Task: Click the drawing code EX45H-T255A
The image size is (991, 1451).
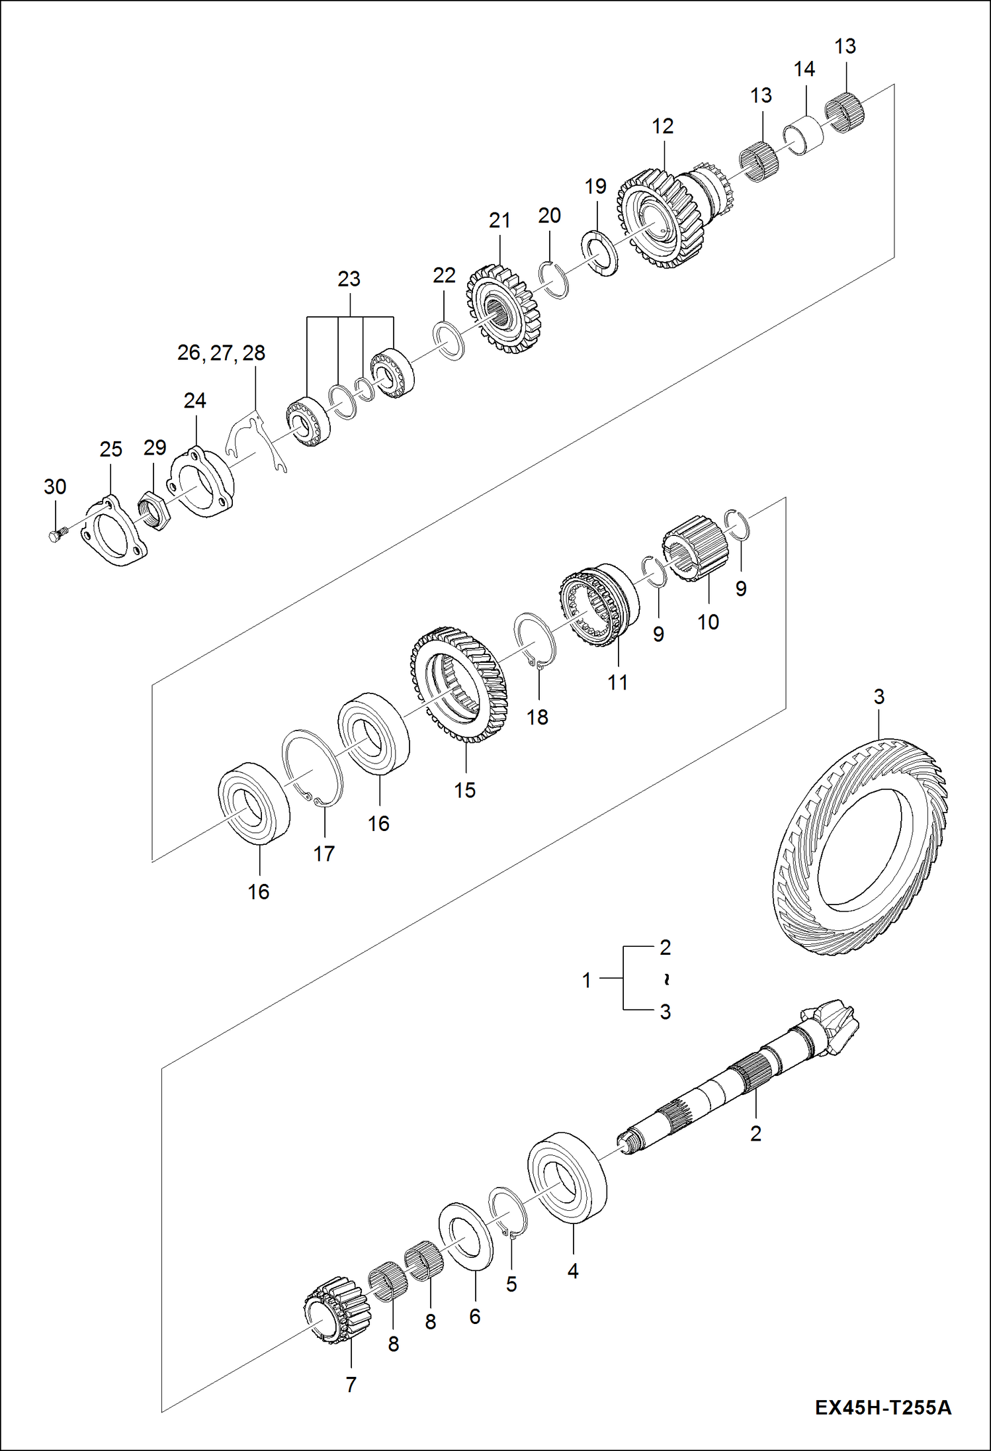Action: [883, 1407]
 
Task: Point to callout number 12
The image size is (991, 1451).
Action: [662, 126]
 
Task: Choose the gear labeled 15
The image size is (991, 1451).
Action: [458, 685]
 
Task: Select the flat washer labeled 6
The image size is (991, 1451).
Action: [466, 1236]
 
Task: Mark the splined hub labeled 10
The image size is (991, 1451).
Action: [695, 549]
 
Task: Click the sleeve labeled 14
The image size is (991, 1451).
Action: [804, 135]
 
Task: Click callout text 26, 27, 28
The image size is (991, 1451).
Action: [221, 353]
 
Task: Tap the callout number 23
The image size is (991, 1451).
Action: [349, 279]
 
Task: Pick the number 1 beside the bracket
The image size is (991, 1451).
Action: [586, 980]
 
